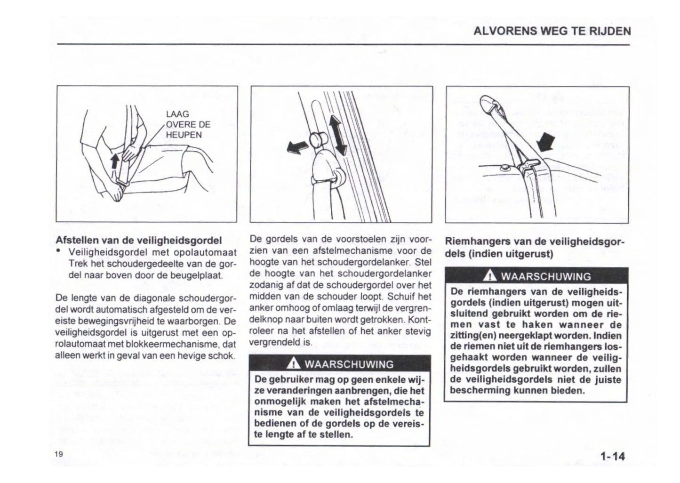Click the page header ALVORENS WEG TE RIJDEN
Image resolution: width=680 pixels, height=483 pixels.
552,32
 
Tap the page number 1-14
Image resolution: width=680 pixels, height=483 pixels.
612,456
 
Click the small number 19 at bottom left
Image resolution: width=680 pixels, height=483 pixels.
58,454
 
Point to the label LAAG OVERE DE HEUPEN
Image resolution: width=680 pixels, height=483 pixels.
187,125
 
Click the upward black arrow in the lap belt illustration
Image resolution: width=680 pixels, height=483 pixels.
114,161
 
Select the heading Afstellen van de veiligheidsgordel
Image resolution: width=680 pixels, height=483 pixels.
138,240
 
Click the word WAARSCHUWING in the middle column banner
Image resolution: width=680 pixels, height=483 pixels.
349,364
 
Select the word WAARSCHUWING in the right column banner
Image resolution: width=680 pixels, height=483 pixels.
545,276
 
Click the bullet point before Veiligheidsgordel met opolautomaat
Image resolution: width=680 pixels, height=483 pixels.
58,252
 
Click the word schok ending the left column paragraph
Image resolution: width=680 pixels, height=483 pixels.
223,355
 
